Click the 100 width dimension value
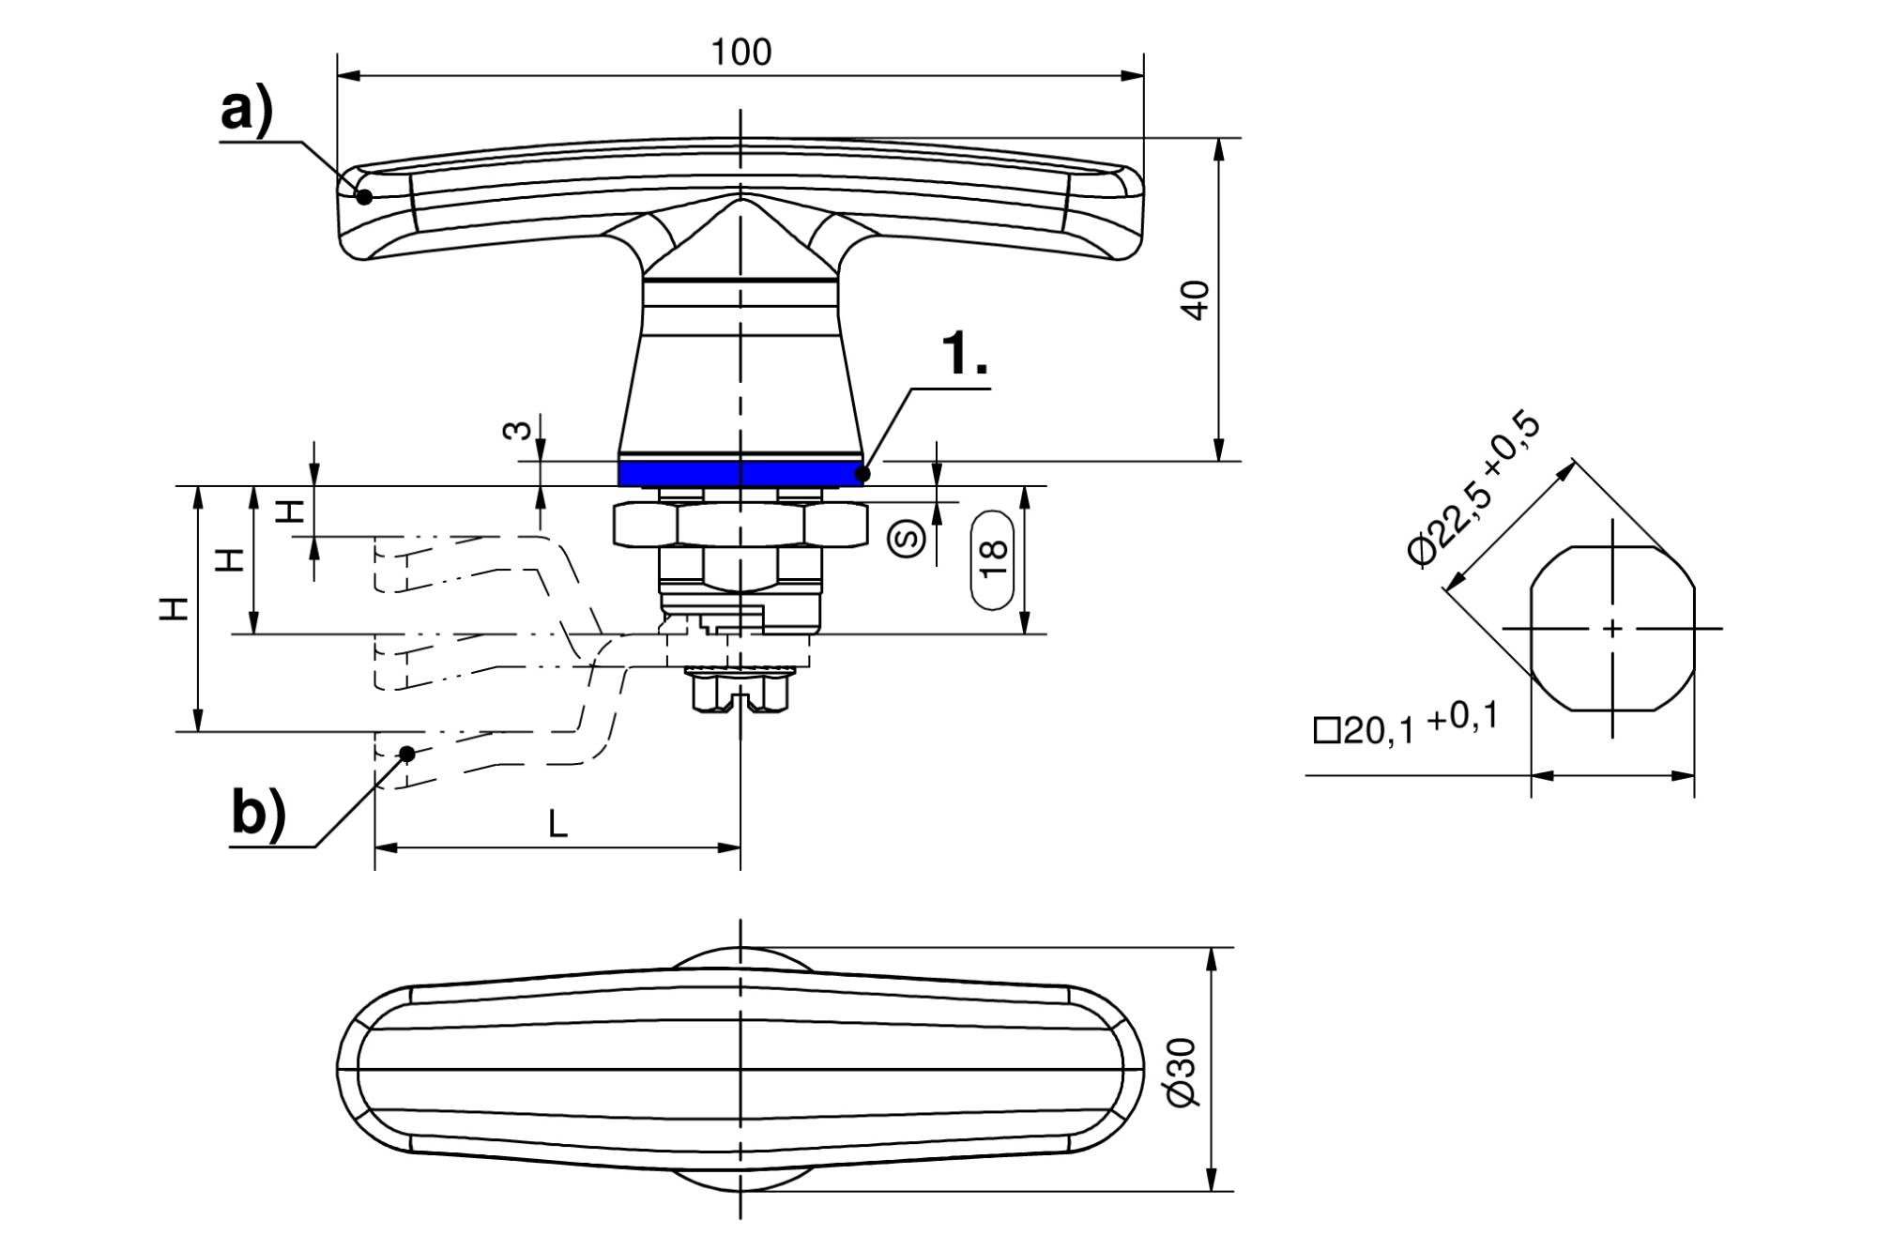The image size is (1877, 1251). pos(740,53)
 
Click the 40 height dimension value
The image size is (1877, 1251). pos(1197,300)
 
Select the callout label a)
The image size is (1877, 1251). pos(247,112)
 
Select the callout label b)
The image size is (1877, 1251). pos(257,814)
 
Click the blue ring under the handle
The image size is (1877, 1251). pos(740,473)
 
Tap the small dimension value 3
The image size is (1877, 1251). pos(517,432)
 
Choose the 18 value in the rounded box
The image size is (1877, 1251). pos(993,560)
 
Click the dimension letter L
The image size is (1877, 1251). pos(558,825)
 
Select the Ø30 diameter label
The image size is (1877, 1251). pos(1183,1072)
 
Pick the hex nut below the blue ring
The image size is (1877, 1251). pos(740,525)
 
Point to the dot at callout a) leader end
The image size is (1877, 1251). pos(364,196)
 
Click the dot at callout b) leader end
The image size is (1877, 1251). pos(407,754)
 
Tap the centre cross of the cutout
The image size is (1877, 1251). pos(1613,628)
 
